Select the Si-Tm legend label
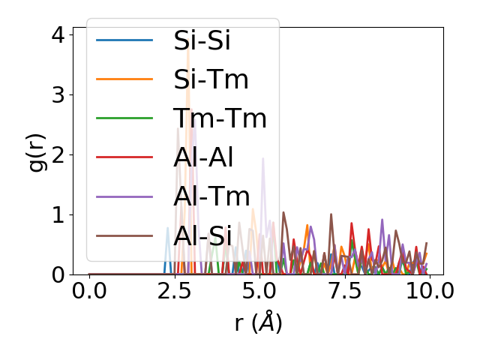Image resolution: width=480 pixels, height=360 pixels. (211, 79)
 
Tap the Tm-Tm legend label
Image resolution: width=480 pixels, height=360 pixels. (220, 118)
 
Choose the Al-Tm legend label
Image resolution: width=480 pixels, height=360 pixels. (211, 196)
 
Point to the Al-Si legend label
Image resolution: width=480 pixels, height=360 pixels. (202, 235)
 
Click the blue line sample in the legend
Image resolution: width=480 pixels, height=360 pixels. (124, 40)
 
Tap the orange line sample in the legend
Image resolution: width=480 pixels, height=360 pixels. (124, 79)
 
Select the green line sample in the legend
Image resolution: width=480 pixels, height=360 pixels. (124, 118)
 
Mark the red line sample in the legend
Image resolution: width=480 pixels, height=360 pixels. (124, 157)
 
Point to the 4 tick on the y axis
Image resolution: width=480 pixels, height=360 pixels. (58, 34)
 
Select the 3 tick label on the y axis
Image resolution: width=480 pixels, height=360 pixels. (58, 94)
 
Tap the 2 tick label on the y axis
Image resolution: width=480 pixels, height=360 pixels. (58, 154)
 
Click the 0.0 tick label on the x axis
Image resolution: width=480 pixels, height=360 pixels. (89, 291)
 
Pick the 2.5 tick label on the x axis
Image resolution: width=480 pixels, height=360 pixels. (174, 291)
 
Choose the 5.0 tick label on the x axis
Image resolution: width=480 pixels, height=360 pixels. (259, 291)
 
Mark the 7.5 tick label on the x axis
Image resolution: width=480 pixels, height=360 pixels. (343, 291)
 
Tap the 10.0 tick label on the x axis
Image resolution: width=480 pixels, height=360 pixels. (428, 291)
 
